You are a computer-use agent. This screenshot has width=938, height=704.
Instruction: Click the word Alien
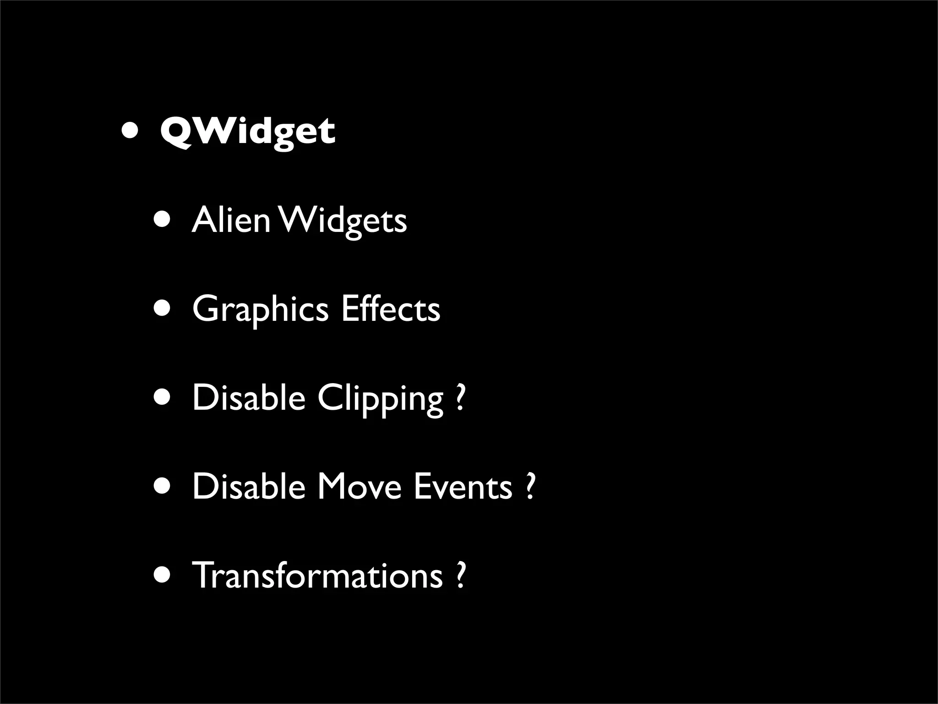231,220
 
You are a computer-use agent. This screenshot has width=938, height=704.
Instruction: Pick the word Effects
390,309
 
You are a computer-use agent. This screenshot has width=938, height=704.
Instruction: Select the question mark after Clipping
460,398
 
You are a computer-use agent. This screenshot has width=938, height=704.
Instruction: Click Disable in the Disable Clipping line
248,398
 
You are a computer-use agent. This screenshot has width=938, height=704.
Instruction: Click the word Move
359,487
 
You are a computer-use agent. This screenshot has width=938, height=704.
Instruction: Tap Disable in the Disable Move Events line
248,486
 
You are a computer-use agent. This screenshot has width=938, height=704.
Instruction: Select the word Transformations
317,575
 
